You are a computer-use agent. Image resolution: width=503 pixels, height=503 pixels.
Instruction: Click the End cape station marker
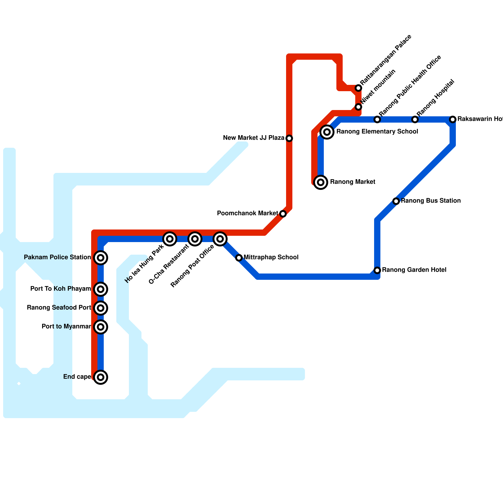[101, 377]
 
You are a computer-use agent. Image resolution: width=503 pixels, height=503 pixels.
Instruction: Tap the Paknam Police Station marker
[101, 258]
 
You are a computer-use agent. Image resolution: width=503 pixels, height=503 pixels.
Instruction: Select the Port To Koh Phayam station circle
[101, 289]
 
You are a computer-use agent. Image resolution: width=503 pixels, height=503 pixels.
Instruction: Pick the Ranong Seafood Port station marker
[101, 308]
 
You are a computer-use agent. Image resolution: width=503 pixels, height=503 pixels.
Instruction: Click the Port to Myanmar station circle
[101, 327]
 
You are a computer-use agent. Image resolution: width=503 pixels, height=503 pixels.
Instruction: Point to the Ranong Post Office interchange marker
[220, 239]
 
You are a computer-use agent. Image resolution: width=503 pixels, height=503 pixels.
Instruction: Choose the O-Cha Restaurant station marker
[195, 239]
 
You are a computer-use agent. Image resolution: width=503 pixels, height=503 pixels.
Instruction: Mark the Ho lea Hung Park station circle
[170, 239]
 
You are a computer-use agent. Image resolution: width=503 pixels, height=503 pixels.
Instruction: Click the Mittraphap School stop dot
[239, 258]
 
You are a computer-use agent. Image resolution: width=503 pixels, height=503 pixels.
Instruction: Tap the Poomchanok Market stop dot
[283, 214]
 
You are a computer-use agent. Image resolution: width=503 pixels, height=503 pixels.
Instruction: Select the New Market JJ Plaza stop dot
[289, 138]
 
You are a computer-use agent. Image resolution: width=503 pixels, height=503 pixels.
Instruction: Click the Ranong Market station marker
[321, 182]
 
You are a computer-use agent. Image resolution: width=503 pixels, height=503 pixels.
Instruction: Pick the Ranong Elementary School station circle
[327, 132]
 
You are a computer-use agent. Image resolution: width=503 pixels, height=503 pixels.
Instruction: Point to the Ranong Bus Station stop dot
[396, 201]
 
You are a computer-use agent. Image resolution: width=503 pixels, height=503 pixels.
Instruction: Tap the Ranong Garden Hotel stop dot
[377, 270]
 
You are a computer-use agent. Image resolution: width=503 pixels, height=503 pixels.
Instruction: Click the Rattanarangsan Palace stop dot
[358, 88]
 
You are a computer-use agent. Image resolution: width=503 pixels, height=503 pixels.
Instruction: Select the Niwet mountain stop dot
[358, 107]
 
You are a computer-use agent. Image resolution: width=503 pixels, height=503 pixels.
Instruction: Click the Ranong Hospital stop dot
[415, 119]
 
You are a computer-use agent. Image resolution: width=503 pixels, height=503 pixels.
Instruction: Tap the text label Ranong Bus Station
[431, 201]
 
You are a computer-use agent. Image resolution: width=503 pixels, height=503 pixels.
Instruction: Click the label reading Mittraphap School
[271, 257]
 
